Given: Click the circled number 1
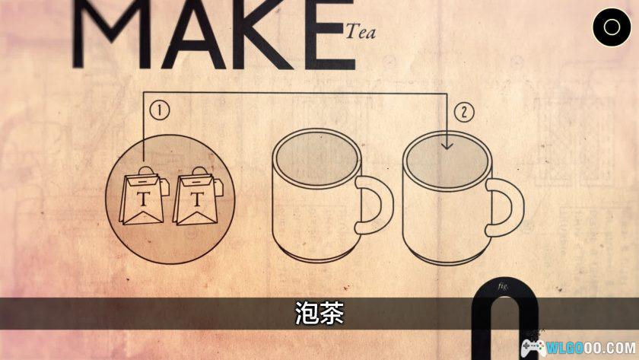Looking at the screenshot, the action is point(159,110).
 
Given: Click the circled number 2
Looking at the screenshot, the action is point(464,112).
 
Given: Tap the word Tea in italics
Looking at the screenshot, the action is point(361,32).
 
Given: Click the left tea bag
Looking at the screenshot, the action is point(144,196).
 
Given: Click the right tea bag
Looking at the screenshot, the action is point(198,196).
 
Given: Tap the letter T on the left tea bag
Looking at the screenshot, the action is point(143,199).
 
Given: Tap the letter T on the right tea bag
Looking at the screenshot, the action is point(197,199).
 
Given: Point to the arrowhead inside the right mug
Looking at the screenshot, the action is point(447,145).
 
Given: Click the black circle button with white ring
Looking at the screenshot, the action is point(612,27).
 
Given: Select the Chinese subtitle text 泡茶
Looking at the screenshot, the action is point(319,313).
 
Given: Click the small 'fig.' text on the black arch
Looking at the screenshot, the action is point(503,286).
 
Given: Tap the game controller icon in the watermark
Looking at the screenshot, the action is point(533,349).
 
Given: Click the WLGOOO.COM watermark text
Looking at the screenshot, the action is point(591,348).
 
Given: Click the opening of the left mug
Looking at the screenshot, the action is point(316,158).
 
